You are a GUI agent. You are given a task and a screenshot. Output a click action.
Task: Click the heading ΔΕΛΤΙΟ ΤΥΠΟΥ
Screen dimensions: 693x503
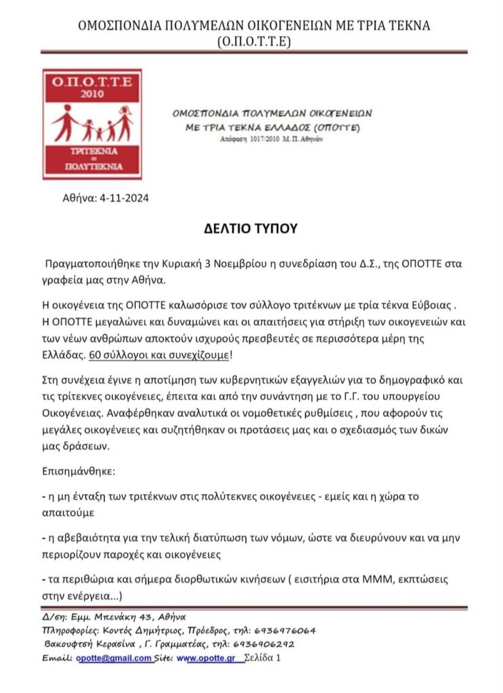[251, 228]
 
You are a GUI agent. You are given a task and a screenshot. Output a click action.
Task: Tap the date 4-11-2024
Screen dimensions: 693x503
[124, 198]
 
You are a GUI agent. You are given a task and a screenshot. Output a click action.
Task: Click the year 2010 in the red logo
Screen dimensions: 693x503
[92, 95]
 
